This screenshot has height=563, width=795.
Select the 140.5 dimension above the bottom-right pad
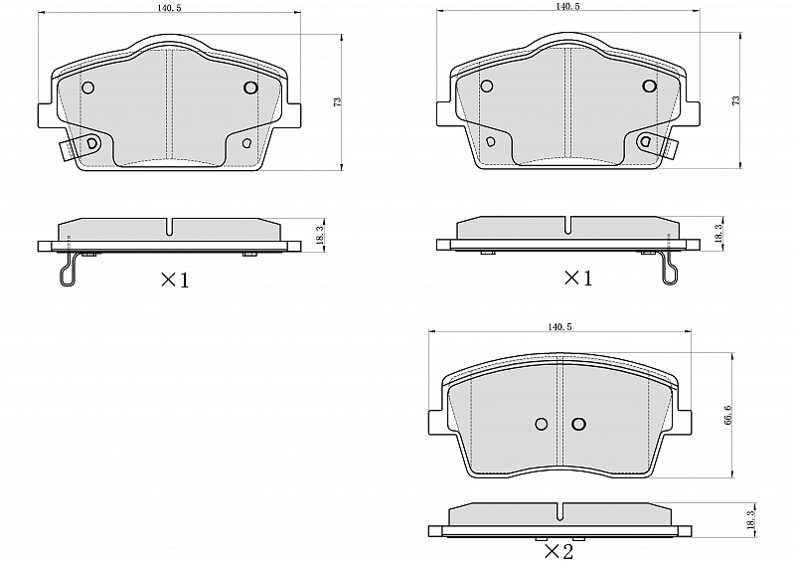tap(559, 327)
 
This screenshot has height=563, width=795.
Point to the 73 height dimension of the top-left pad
tap(338, 101)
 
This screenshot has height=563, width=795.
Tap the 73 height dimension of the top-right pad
tap(736, 100)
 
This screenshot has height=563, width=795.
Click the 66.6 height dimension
tap(728, 415)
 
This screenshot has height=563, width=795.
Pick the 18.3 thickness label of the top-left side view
tap(319, 236)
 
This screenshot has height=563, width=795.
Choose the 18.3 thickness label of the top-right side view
tap(717, 234)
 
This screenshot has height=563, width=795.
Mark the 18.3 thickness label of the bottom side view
tap(751, 521)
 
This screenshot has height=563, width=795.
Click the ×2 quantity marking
tap(558, 551)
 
